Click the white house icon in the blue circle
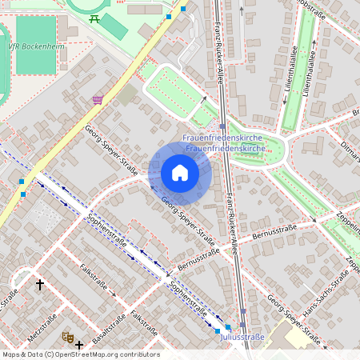pyautogui.click(x=180, y=173)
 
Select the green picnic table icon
pyautogui.click(x=95, y=19)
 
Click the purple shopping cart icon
pyautogui.click(x=98, y=99)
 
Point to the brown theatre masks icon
pyautogui.click(x=67, y=338)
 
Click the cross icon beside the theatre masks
pyautogui.click(x=79, y=345)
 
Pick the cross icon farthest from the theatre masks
pyautogui.click(x=40, y=284)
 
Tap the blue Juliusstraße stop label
pyautogui.click(x=242, y=337)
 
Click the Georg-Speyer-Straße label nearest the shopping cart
pyautogui.click(x=112, y=148)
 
